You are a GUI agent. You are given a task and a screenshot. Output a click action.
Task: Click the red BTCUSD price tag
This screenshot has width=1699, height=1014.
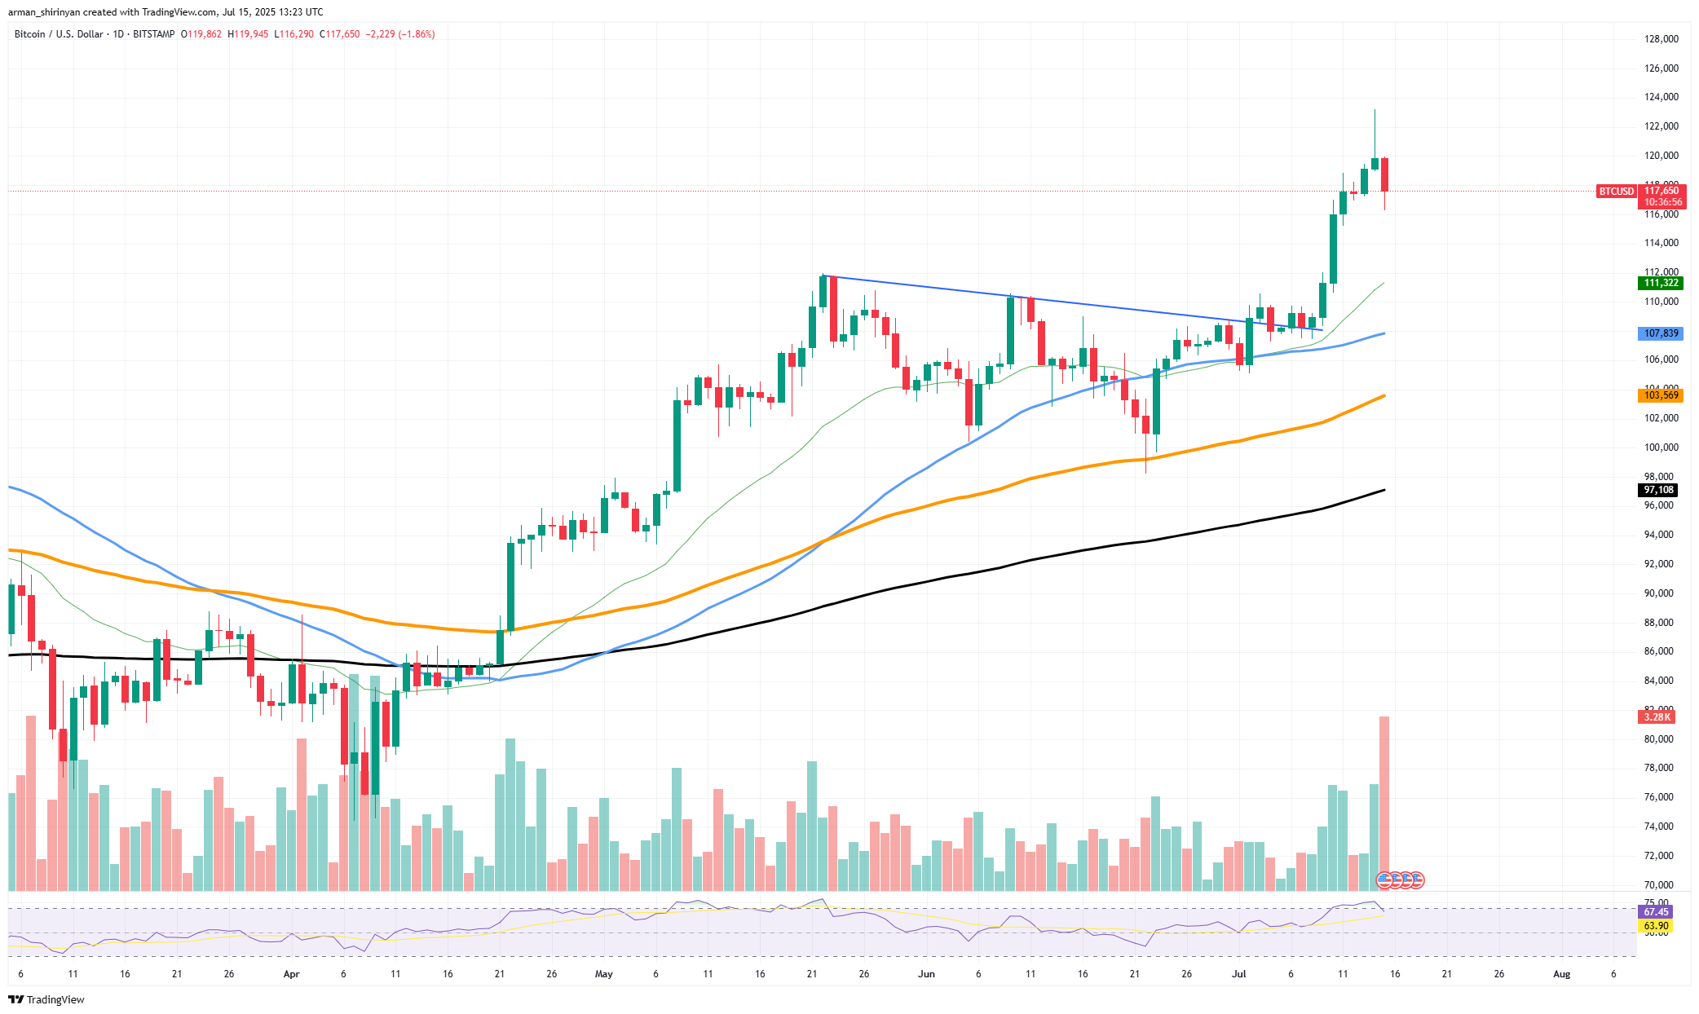point(1616,192)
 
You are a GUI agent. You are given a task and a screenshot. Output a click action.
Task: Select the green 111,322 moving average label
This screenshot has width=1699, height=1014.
point(1661,283)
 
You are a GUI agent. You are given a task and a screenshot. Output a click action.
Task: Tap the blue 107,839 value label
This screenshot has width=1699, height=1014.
point(1661,333)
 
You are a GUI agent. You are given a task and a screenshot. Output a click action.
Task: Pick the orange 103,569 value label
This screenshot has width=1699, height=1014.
point(1661,395)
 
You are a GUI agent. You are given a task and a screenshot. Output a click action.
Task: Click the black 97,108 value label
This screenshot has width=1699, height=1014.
point(1658,490)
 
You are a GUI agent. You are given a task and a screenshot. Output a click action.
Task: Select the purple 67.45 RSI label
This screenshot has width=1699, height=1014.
point(1656,912)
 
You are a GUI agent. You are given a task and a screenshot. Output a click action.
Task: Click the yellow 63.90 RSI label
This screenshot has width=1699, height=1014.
point(1656,926)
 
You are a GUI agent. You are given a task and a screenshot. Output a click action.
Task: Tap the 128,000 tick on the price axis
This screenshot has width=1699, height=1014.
point(1661,39)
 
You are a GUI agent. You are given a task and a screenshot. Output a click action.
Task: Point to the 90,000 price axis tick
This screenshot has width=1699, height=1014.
point(1661,593)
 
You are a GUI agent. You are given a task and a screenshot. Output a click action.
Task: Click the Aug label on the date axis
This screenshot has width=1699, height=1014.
point(1561,974)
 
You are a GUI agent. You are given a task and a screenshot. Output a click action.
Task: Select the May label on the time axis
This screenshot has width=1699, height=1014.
point(603,974)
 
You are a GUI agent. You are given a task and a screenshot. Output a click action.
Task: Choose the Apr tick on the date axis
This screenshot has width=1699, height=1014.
point(291,974)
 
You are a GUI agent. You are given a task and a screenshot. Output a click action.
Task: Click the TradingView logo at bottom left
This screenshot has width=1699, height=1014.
point(46,1000)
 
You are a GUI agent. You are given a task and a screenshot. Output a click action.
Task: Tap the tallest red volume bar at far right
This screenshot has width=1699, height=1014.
point(1383,799)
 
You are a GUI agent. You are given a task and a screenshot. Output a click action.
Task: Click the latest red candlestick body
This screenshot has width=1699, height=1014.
point(1384,174)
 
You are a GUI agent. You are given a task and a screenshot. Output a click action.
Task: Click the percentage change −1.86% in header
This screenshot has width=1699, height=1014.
point(416,34)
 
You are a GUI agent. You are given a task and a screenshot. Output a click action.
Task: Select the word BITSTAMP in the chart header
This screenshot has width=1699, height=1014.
point(153,34)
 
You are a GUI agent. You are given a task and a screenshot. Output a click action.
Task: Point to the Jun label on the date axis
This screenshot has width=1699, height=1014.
point(926,974)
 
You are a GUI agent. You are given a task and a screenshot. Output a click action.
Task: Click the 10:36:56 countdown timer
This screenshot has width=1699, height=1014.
point(1662,202)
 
